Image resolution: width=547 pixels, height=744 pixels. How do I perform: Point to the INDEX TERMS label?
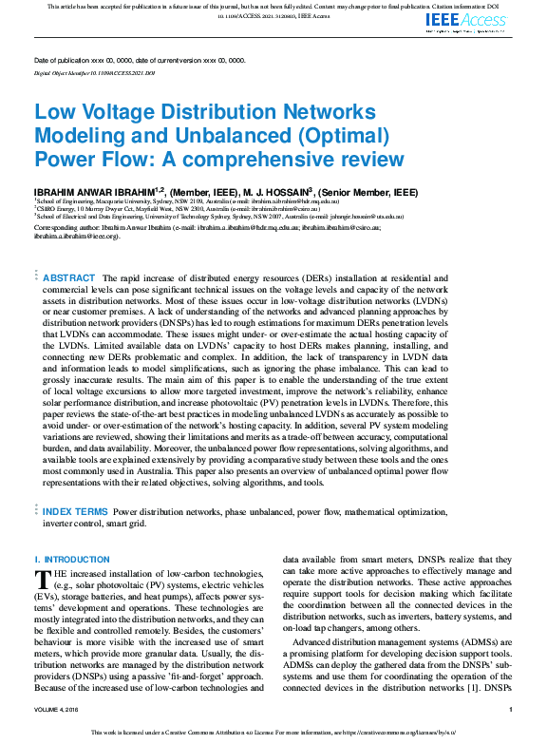[76, 511]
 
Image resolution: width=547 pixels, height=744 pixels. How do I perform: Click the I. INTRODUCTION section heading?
[72, 560]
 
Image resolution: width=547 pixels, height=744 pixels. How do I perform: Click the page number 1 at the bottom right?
[510, 710]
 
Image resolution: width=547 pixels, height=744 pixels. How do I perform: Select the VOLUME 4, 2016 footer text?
[60, 710]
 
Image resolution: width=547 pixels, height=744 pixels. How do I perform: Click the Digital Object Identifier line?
[94, 72]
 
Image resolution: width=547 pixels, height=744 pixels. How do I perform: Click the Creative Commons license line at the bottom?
[273, 733]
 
